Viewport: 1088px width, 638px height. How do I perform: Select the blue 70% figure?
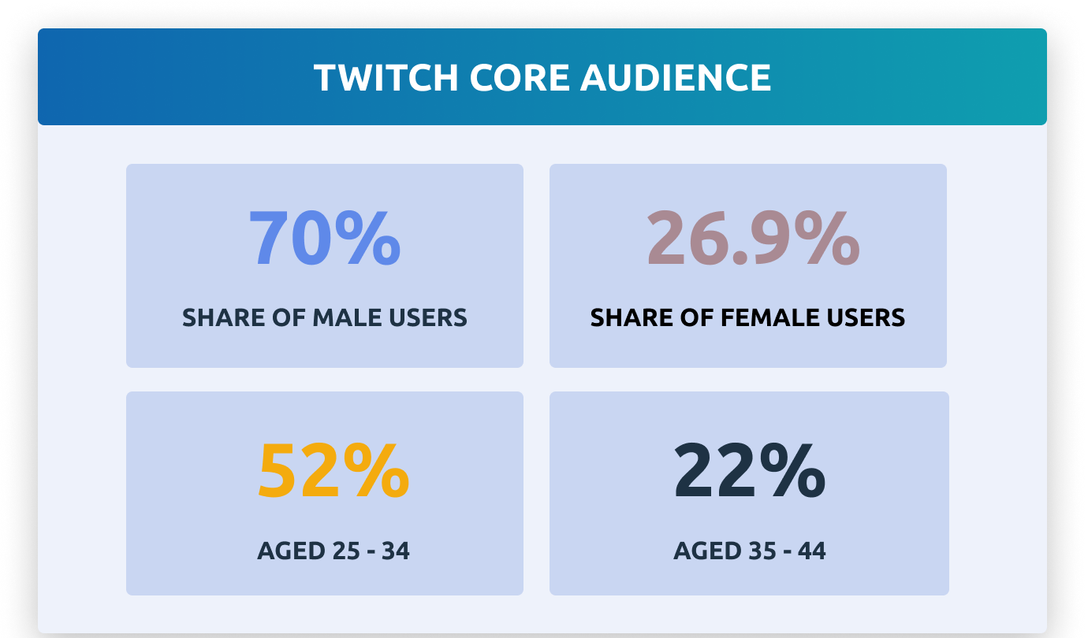(x=324, y=239)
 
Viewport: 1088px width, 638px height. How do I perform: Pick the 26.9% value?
(x=752, y=239)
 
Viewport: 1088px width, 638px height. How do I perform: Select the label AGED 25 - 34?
(x=333, y=551)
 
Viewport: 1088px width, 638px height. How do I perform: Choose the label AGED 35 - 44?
(x=749, y=551)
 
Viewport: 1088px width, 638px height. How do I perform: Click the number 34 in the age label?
(x=393, y=551)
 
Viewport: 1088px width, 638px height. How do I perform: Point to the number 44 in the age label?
(x=810, y=551)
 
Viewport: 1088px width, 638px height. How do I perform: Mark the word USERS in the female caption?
(x=870, y=317)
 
